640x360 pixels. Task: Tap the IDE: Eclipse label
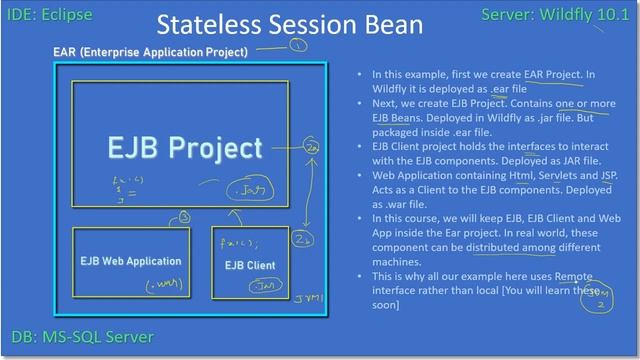(x=53, y=14)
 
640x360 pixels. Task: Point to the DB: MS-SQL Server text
(x=84, y=337)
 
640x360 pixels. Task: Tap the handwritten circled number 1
(x=298, y=45)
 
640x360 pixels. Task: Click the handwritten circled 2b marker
(x=310, y=241)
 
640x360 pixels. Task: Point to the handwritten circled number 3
(x=184, y=216)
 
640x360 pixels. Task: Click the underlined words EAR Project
(x=551, y=74)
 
